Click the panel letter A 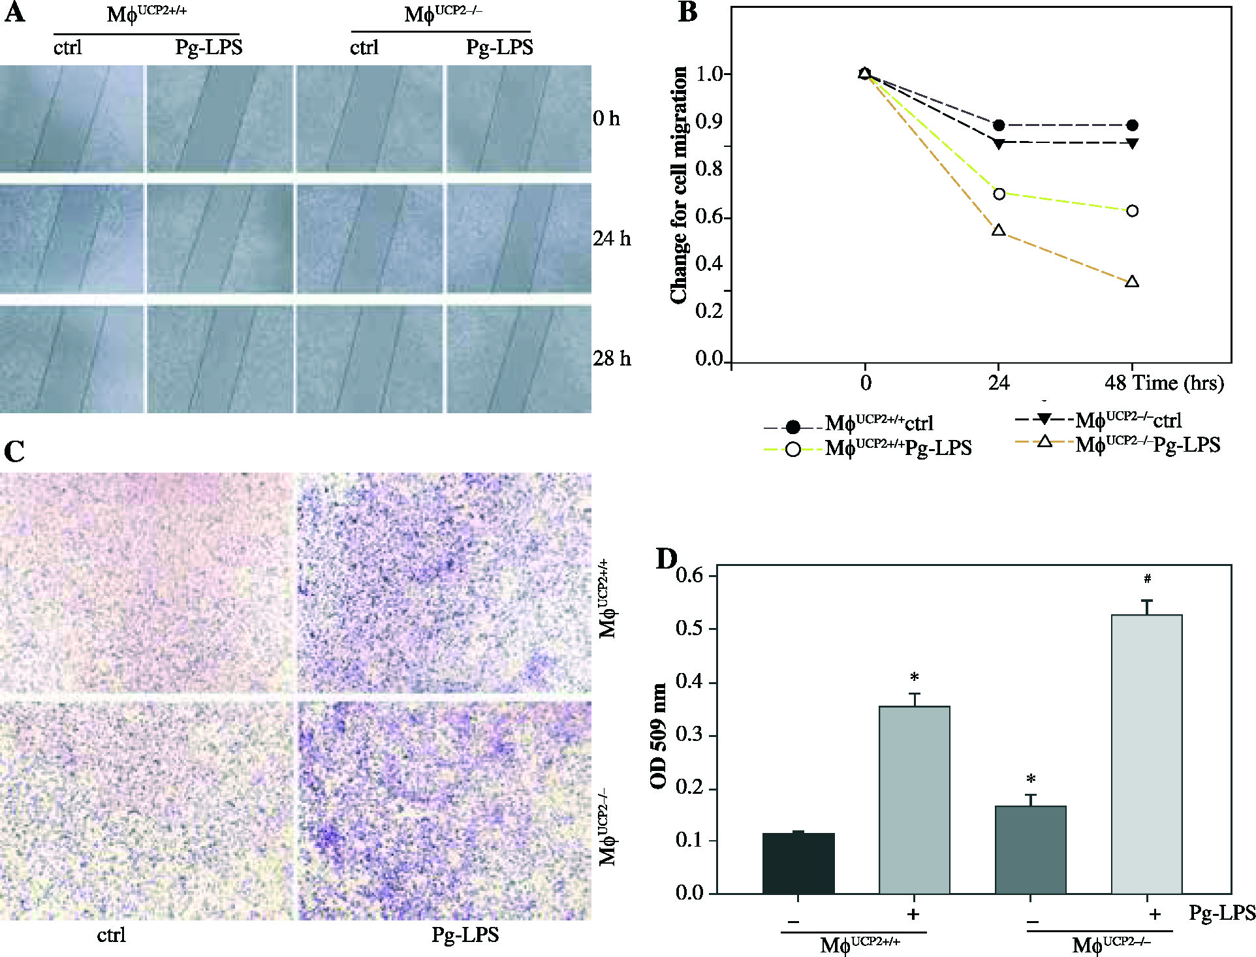pos(14,13)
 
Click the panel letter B pos(687,13)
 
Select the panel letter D pos(667,559)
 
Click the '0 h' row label pos(606,119)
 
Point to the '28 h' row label pos(612,358)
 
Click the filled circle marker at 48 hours pos(1132,125)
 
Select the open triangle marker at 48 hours pos(1132,282)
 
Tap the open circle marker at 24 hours pos(998,194)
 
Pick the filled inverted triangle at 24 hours pos(998,142)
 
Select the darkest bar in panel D pos(798,862)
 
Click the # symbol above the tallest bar pos(1147,578)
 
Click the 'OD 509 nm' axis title pos(659,736)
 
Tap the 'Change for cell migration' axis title pos(679,185)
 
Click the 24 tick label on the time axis pos(998,383)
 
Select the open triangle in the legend pos(1044,443)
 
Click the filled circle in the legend pos(793,427)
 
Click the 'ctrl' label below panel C pos(111,935)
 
